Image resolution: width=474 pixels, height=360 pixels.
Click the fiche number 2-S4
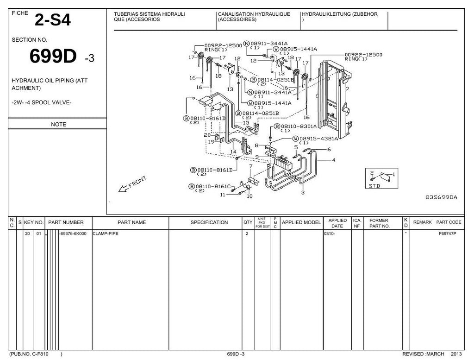53,20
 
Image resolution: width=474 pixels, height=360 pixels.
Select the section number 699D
53,56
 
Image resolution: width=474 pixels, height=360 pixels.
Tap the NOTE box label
58,124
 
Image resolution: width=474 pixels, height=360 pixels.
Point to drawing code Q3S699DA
441,197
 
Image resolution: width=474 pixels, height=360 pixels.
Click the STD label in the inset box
374,186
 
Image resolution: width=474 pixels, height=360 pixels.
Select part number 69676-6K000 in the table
73,234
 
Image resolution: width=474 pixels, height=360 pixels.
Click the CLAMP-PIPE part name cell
106,234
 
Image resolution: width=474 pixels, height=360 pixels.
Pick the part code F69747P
448,234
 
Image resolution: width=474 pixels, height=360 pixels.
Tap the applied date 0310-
330,234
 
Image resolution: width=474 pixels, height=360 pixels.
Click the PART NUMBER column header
66,222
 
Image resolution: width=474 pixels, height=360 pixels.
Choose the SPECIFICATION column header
209,222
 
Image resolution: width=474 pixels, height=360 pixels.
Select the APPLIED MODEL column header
301,222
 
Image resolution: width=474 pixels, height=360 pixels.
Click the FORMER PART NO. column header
379,223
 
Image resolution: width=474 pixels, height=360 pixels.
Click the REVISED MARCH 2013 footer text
432,354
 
